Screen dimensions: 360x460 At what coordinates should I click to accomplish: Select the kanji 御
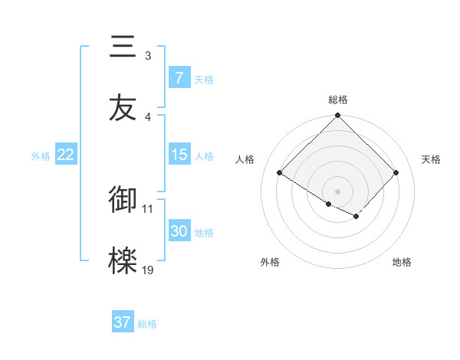(x=123, y=200)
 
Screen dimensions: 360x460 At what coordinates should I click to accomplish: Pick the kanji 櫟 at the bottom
(x=123, y=261)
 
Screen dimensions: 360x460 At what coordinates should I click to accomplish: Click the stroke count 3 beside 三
(x=148, y=56)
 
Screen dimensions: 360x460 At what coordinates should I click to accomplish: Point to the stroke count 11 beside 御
(x=148, y=208)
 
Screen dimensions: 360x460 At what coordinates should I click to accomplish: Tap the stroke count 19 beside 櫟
(x=148, y=270)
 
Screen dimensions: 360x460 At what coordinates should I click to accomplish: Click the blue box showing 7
(x=179, y=78)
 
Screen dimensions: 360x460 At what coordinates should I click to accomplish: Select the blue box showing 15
(x=179, y=155)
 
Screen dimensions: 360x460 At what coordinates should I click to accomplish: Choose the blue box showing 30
(x=179, y=231)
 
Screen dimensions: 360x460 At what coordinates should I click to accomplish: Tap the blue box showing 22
(x=66, y=155)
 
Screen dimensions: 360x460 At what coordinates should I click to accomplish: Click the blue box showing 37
(x=123, y=322)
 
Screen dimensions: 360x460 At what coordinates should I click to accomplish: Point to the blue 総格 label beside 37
(x=147, y=324)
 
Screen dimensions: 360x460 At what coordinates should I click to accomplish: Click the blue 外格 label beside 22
(x=41, y=156)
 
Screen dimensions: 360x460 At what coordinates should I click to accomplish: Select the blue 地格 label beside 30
(x=204, y=233)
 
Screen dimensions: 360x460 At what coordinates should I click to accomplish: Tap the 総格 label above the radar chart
(x=338, y=100)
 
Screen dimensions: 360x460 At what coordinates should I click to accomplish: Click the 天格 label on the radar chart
(x=431, y=159)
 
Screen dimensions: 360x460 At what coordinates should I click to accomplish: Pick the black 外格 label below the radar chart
(x=270, y=262)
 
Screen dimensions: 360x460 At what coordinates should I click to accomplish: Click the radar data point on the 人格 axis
(x=280, y=173)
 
